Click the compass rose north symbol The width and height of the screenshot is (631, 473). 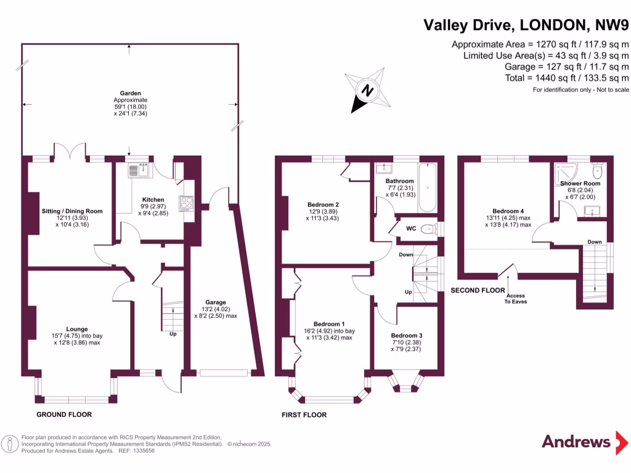point(367,91)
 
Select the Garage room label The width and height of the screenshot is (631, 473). point(216,302)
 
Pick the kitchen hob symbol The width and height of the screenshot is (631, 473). point(186,203)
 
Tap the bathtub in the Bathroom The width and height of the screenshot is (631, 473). point(428,187)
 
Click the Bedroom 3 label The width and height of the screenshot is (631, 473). point(406,335)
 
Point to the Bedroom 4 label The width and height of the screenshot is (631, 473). point(508,211)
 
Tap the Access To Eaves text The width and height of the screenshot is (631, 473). point(516,299)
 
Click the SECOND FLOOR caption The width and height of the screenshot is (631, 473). point(478,290)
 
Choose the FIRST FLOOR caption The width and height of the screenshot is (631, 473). point(304,414)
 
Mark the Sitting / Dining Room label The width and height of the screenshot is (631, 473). point(72,211)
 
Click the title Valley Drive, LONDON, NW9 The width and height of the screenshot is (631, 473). point(526,25)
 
